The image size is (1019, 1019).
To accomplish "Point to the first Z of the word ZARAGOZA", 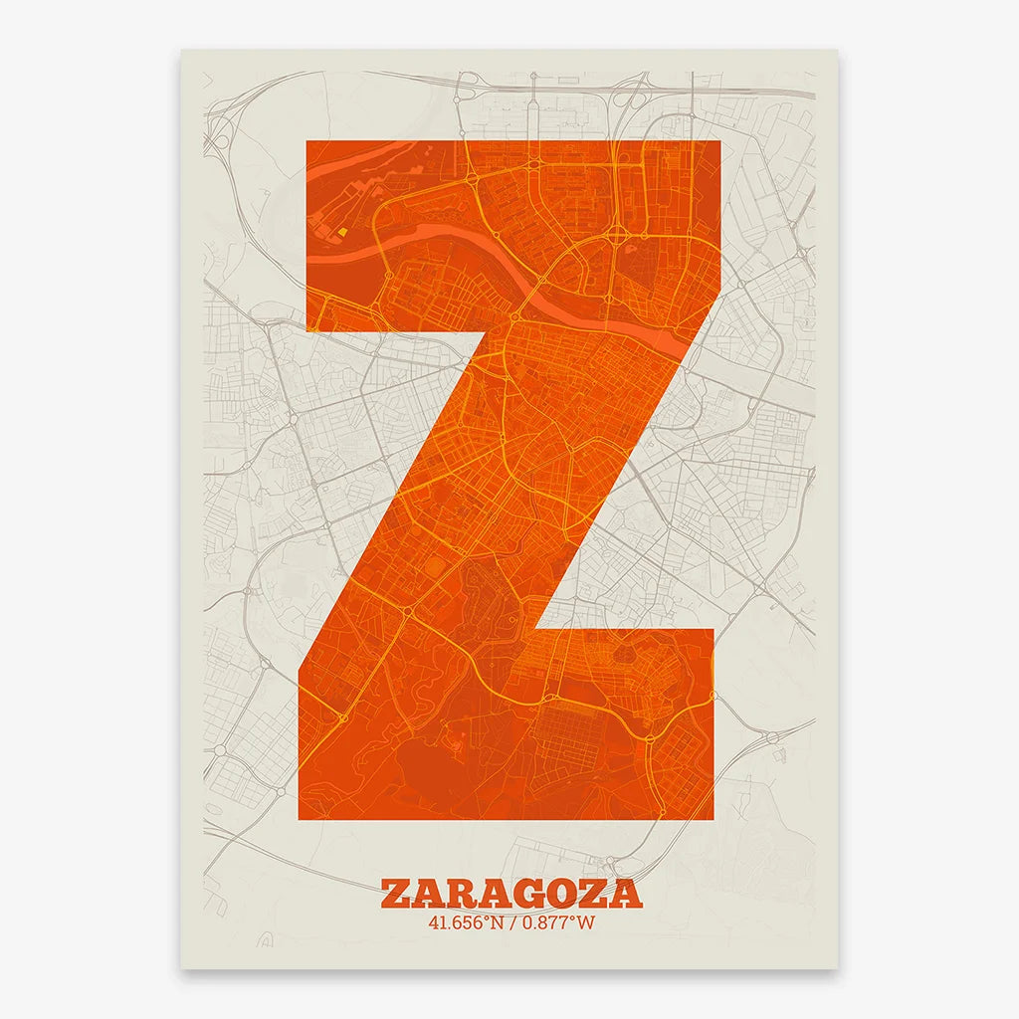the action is (396, 893).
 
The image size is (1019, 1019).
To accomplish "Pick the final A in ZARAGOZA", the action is (628, 893).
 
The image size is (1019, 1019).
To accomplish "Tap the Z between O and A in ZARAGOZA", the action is (598, 893).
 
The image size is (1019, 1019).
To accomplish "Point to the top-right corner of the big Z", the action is (718, 142).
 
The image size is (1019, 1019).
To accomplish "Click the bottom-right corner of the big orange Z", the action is (713, 818).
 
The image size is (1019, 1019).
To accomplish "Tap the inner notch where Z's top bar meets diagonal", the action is (469, 331).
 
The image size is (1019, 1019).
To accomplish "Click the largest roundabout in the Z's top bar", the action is (616, 236).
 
